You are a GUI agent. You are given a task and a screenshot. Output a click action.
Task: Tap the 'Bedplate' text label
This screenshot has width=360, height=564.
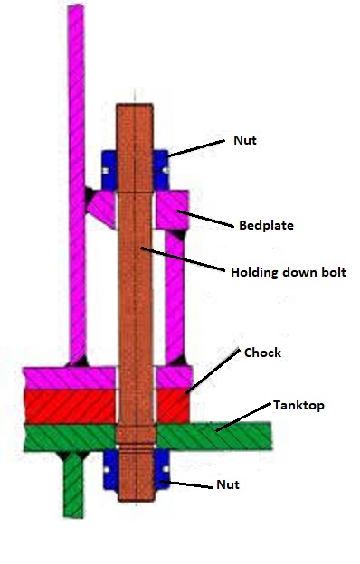coord(267,224)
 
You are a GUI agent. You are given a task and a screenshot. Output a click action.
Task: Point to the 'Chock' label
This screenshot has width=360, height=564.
coord(262,352)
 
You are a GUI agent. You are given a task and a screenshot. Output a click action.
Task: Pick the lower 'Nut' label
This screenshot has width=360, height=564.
coord(227,485)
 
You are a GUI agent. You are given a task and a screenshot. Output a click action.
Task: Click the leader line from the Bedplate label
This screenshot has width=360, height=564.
coord(211,215)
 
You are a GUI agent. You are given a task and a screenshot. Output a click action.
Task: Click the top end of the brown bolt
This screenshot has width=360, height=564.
coord(137,109)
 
